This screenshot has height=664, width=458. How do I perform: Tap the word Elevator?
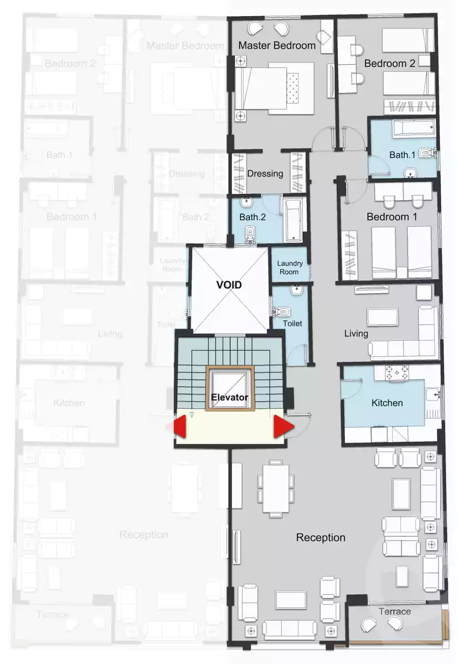pyautogui.click(x=229, y=397)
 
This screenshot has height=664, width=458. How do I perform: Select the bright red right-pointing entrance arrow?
pyautogui.click(x=282, y=427)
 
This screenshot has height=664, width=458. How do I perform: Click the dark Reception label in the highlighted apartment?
pyautogui.click(x=321, y=537)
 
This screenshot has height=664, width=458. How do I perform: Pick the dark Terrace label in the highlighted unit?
pyautogui.click(x=395, y=611)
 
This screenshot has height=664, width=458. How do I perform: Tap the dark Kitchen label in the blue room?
pyautogui.click(x=387, y=403)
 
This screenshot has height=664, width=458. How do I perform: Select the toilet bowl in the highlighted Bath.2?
pyautogui.click(x=250, y=234)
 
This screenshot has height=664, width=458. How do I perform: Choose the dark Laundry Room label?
pyautogui.click(x=289, y=268)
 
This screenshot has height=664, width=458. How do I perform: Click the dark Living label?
pyautogui.click(x=356, y=334)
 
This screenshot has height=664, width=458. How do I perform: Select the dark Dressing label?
pyautogui.click(x=265, y=173)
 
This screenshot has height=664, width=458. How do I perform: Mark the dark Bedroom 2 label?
pyautogui.click(x=389, y=64)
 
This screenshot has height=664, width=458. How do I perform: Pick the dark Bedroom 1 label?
pyautogui.click(x=392, y=217)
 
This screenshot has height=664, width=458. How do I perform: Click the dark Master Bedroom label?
pyautogui.click(x=277, y=45)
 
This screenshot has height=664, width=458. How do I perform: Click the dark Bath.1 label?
pyautogui.click(x=402, y=155)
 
